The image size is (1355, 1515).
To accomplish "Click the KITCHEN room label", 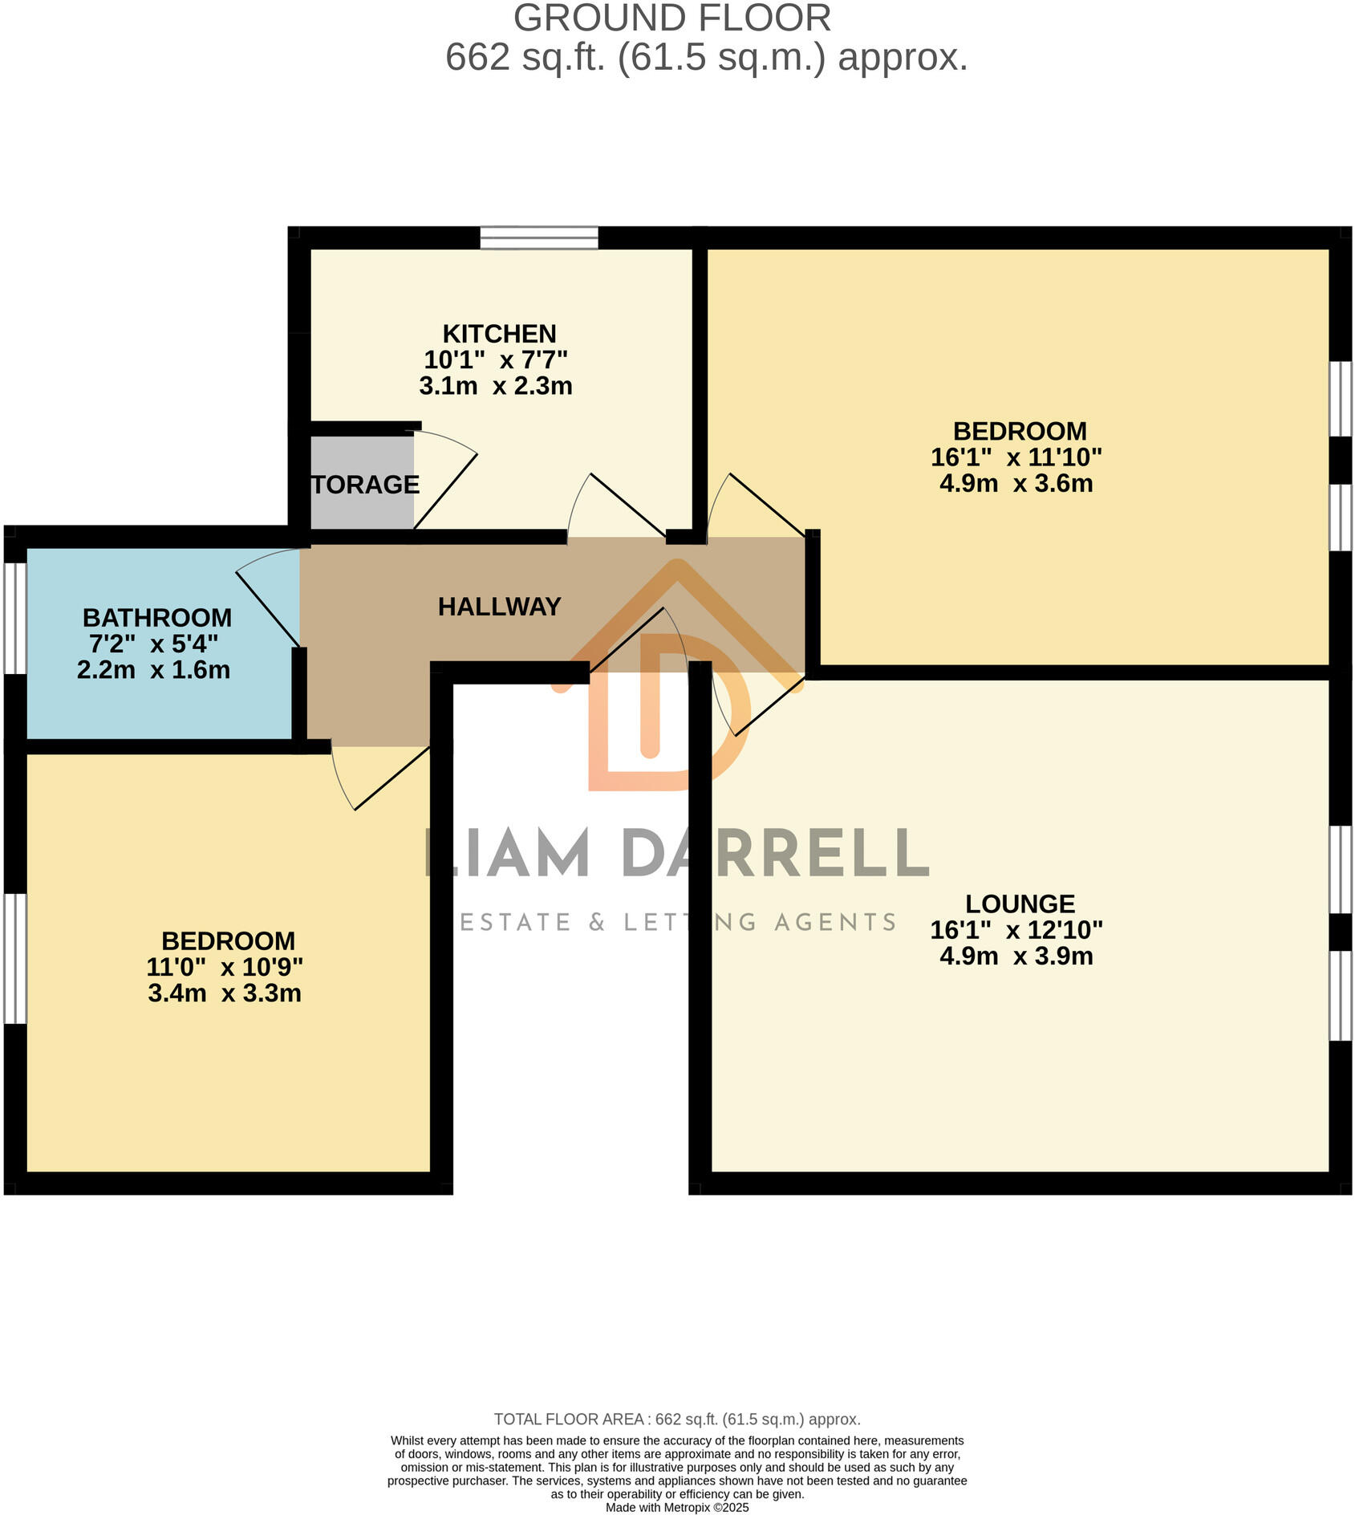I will (499, 334).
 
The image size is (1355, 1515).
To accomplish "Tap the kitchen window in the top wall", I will (539, 238).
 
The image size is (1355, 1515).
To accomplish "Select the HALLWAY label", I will (499, 607).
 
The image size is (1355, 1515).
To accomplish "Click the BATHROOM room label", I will (157, 618).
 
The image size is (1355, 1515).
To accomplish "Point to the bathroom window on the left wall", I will (15, 618).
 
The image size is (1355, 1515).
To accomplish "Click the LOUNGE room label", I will (1020, 904).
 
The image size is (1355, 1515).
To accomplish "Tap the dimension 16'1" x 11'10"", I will (1016, 457).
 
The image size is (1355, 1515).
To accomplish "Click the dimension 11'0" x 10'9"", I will (225, 967).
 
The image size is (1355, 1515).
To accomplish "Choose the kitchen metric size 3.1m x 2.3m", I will (496, 386).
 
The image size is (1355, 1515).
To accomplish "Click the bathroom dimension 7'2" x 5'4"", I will (154, 644).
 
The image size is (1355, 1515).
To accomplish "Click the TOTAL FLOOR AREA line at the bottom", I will (677, 1420).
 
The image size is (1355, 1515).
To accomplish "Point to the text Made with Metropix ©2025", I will (677, 1508).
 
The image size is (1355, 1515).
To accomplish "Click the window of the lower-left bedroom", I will (15, 958).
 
